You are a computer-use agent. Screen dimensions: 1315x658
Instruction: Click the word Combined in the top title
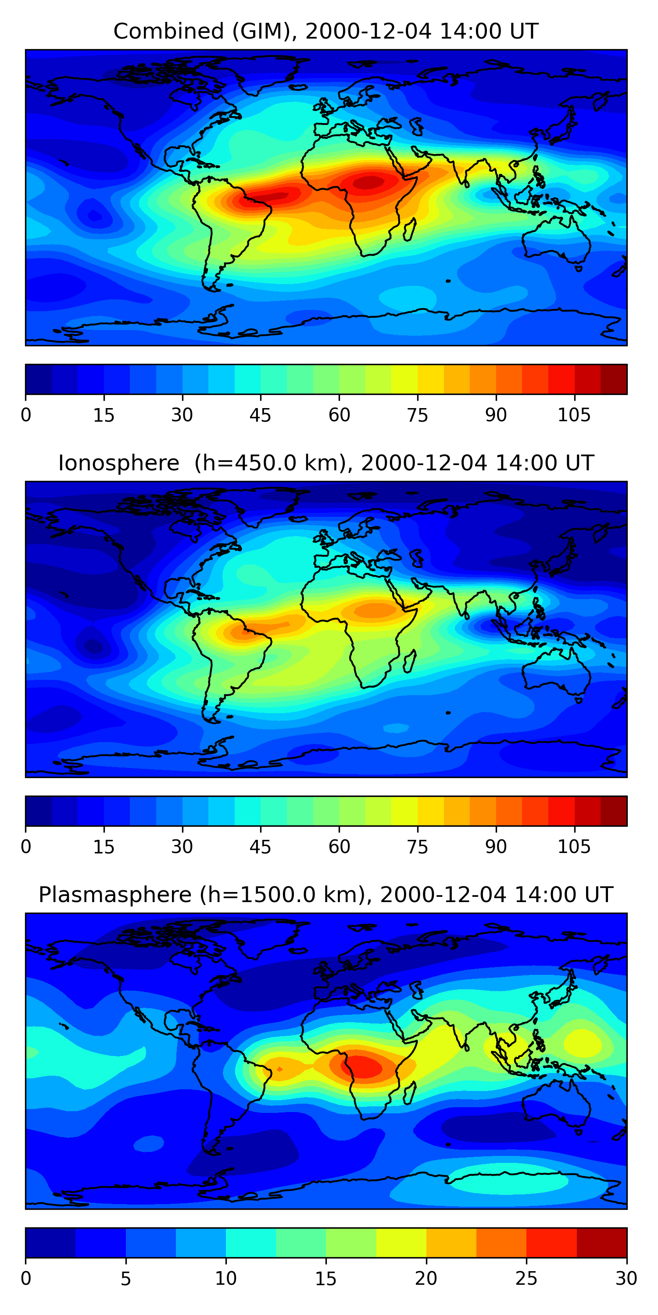[168, 32]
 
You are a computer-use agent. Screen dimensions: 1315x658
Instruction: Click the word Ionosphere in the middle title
[118, 463]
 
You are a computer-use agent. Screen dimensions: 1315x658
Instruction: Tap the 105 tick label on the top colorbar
[574, 416]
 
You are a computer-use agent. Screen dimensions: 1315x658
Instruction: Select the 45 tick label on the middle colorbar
[260, 847]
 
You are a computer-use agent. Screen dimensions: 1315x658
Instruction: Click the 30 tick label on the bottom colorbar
[626, 1278]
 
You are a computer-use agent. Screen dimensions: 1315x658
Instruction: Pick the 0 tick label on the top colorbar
[26, 416]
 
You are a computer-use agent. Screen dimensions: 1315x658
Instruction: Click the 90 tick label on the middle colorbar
[496, 847]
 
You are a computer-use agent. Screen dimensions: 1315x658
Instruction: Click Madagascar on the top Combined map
[410, 229]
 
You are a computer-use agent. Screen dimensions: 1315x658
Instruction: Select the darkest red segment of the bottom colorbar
[601, 1243]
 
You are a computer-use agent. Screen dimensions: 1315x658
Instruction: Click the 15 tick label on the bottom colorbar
[325, 1278]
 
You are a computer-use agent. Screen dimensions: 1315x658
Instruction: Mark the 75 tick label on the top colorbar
[417, 416]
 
